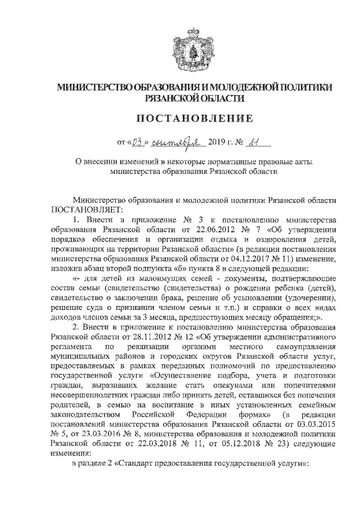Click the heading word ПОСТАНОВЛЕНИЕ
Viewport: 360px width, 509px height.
(179, 119)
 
